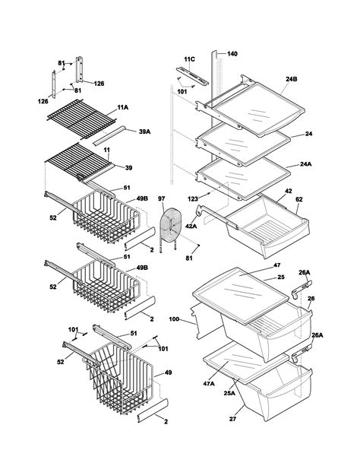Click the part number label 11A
point(122,109)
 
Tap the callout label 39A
point(144,132)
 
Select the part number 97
point(162,199)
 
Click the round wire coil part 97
point(171,227)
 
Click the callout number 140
point(232,54)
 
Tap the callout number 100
point(173,319)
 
